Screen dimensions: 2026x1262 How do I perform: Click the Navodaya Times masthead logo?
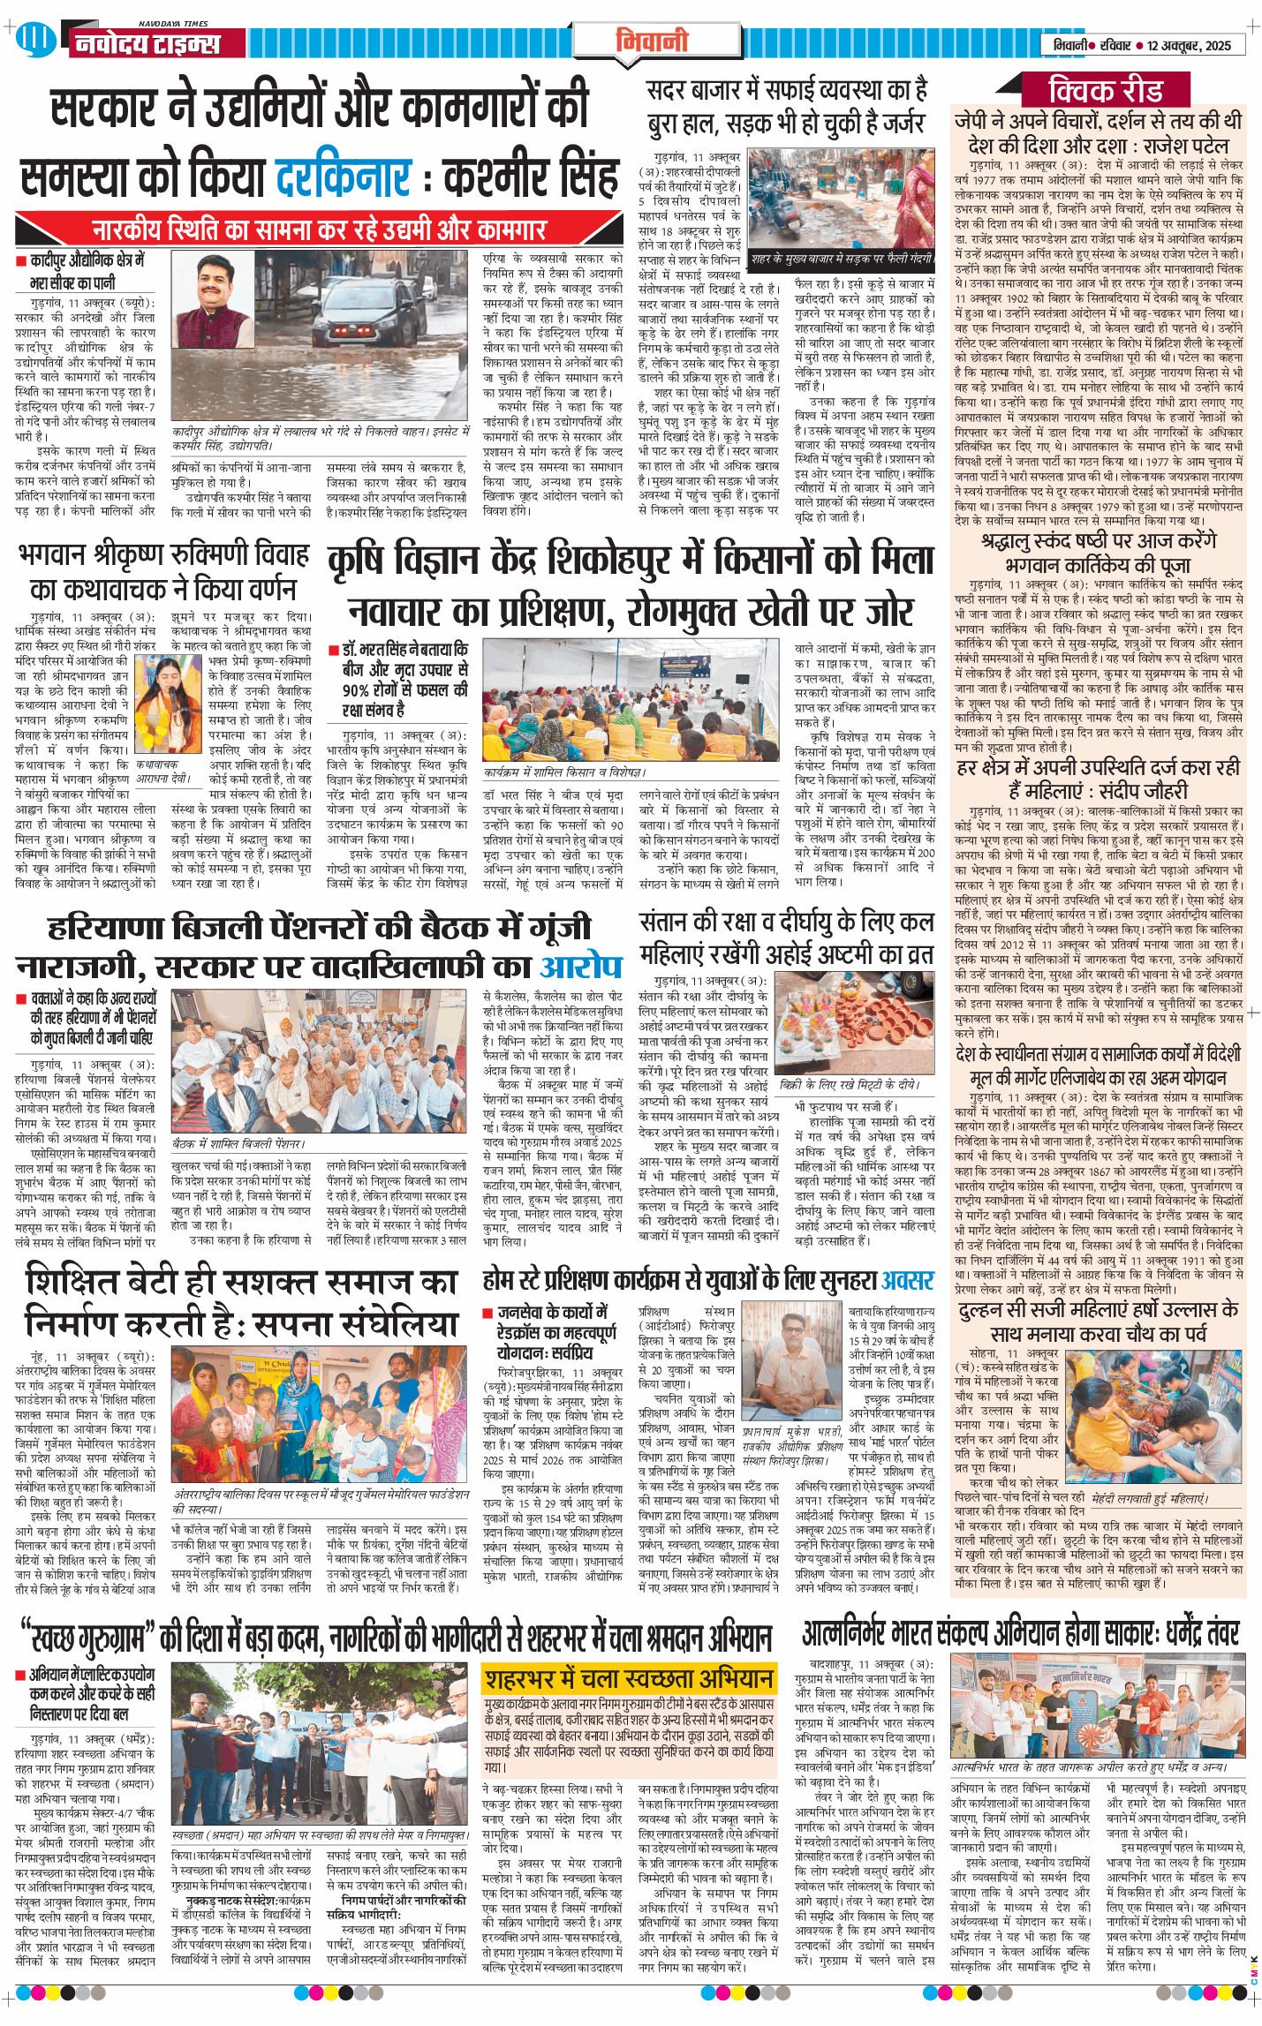(x=146, y=42)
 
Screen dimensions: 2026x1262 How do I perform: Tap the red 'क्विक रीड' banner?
(x=1106, y=90)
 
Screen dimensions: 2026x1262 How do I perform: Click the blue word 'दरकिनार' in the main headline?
(x=344, y=177)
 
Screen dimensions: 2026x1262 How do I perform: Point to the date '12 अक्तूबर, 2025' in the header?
(x=1189, y=45)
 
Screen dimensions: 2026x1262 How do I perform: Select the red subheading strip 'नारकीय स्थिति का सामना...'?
(x=319, y=230)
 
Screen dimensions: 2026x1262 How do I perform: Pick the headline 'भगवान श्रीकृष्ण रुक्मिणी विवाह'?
(x=164, y=555)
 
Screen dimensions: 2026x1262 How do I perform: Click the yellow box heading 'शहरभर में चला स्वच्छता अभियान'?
(x=628, y=1678)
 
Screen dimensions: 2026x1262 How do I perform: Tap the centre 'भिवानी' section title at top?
(x=651, y=41)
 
